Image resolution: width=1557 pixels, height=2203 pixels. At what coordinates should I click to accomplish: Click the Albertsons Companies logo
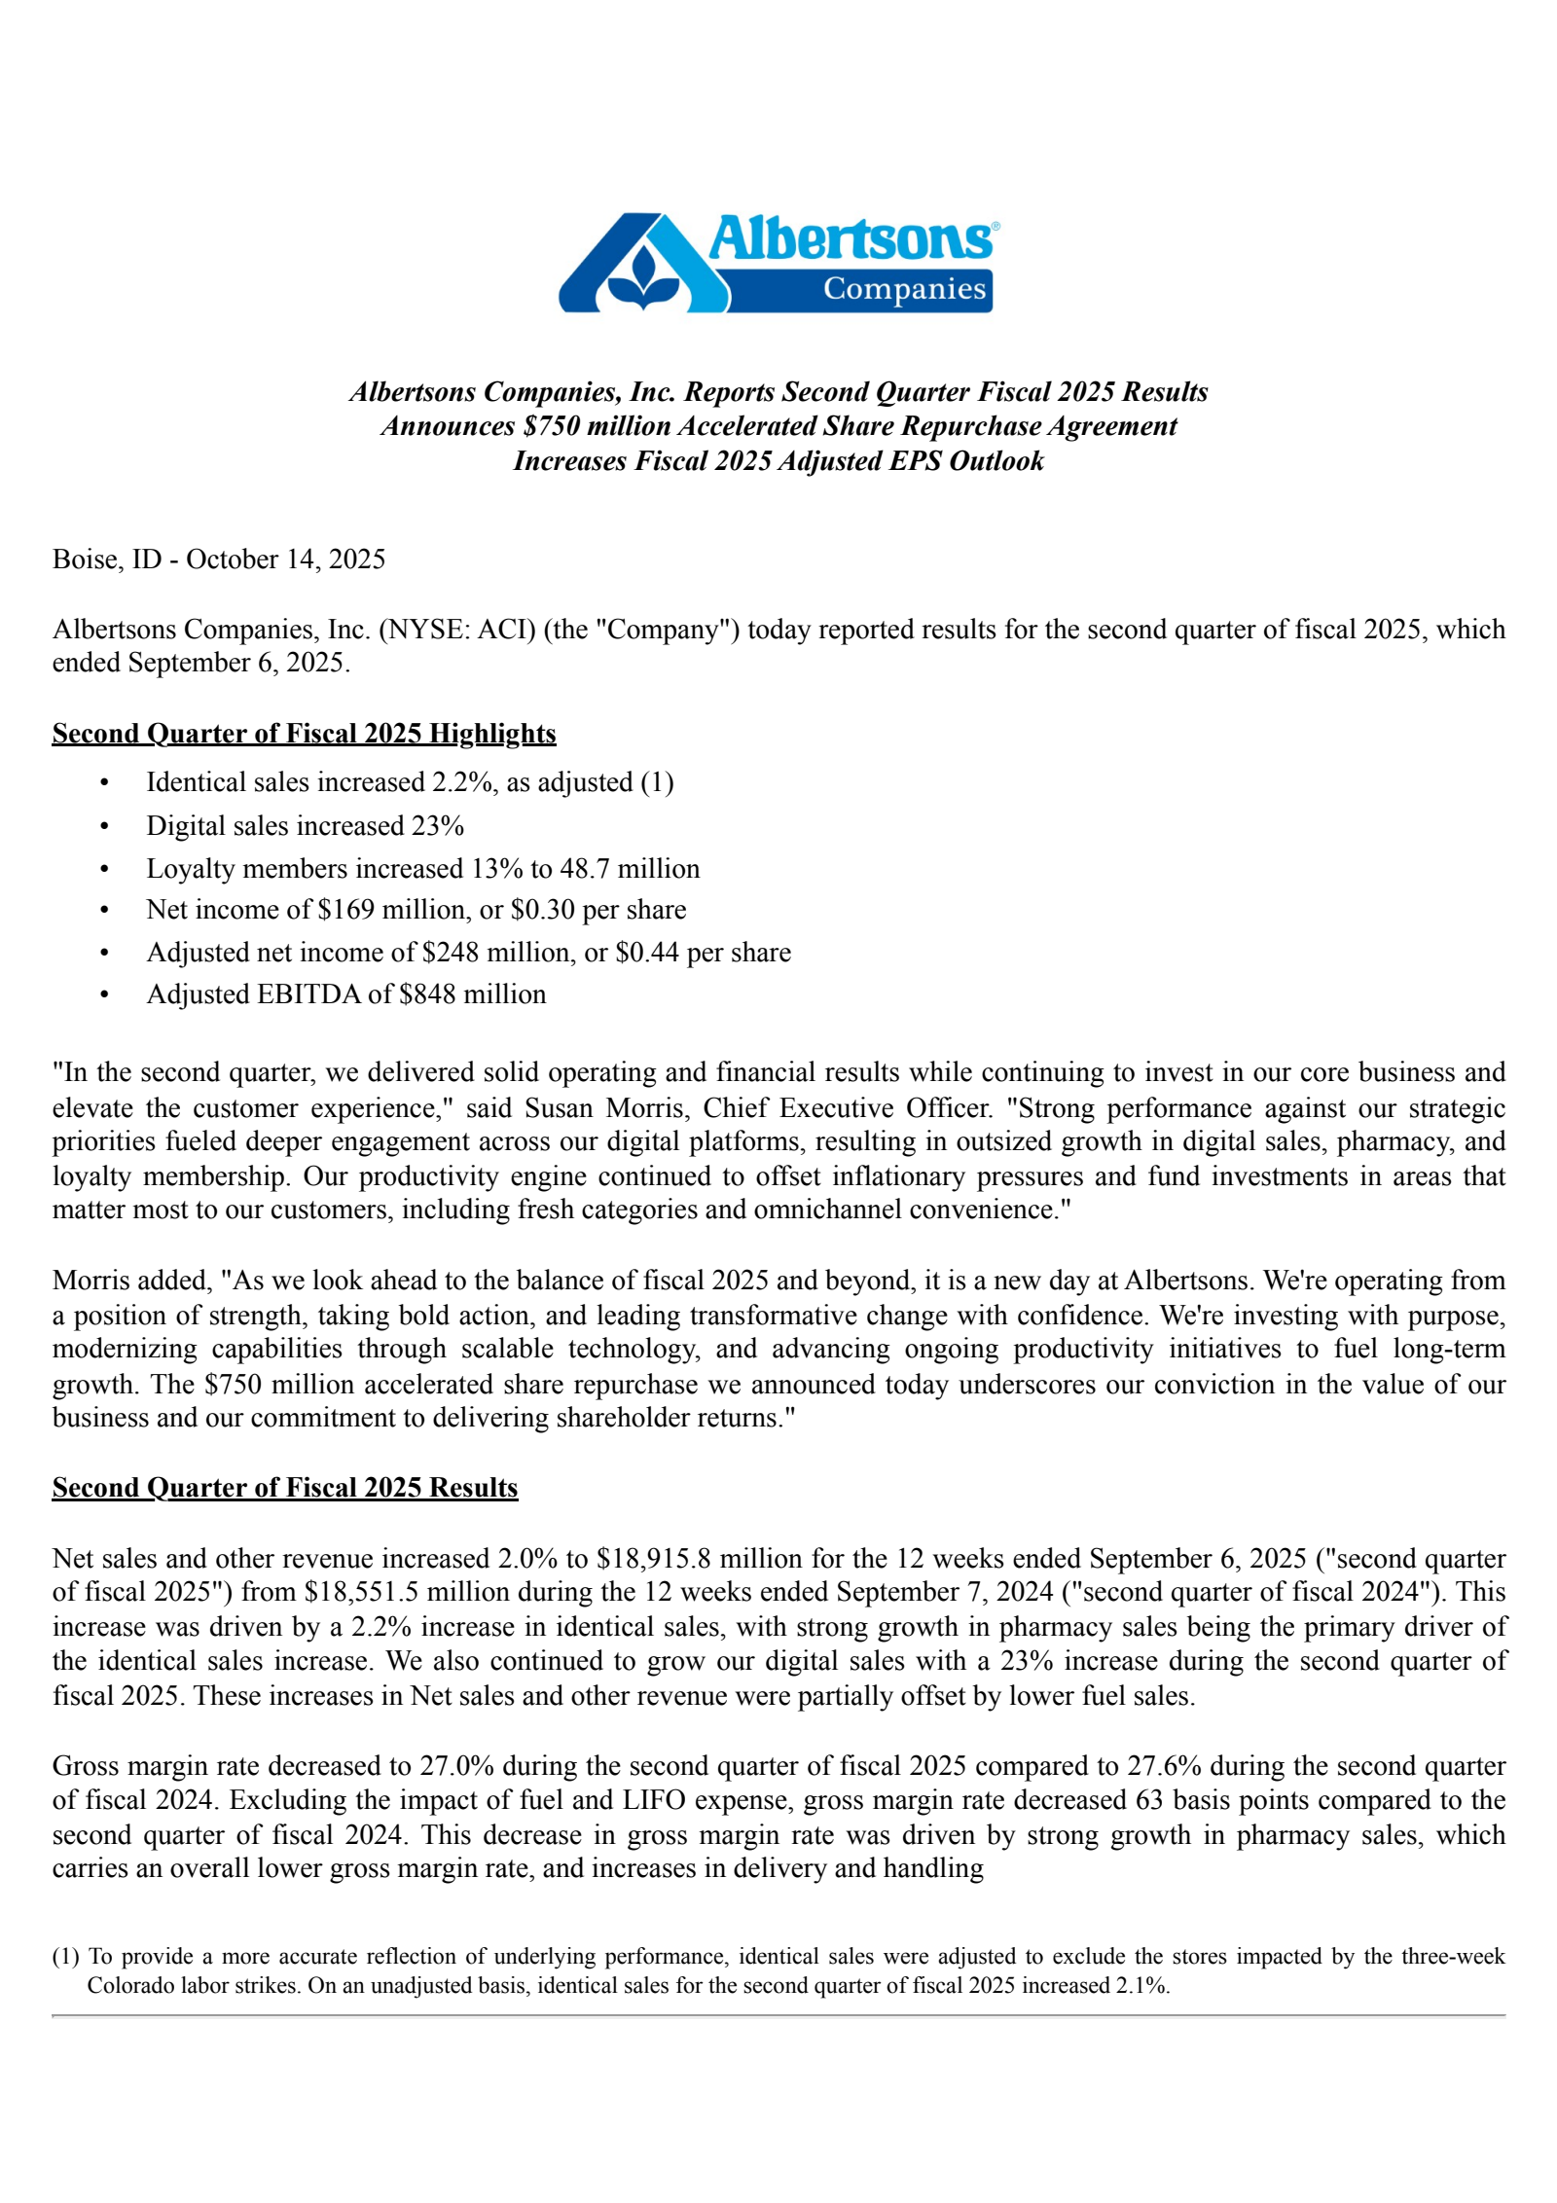(x=778, y=263)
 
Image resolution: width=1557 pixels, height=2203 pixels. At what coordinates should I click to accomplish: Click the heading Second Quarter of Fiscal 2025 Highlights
(x=304, y=734)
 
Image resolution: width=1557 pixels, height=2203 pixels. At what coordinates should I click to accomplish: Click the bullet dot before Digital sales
(x=104, y=826)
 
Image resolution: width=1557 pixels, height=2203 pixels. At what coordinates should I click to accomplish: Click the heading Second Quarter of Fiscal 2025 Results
(x=285, y=1488)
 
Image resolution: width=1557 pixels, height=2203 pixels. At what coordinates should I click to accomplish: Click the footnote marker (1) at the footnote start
(x=65, y=1957)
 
